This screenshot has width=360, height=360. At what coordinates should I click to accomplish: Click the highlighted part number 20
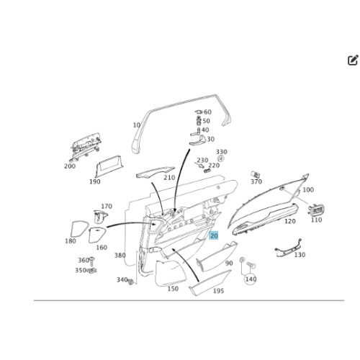click(214, 235)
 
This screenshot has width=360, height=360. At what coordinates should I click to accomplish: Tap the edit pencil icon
click(353, 60)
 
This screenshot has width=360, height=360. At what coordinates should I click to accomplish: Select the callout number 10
click(136, 125)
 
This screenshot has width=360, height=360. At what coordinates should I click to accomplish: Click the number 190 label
click(95, 181)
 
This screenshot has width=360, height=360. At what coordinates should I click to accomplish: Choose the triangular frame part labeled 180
click(79, 229)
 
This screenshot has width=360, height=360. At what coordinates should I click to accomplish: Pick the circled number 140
click(251, 279)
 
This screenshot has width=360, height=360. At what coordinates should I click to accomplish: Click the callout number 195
click(218, 291)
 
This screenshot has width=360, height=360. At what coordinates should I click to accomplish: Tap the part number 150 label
click(173, 289)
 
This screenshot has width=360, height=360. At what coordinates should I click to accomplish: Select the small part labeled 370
click(254, 174)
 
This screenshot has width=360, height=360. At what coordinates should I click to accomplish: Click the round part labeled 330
click(221, 158)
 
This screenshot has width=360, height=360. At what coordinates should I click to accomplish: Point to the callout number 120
click(290, 221)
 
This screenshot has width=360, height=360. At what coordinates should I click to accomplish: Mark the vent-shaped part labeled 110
click(316, 210)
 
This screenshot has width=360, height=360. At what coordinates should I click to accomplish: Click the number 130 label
click(300, 255)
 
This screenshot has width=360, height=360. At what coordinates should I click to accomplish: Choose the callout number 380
click(120, 255)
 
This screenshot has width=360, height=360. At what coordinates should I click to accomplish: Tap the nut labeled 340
click(131, 282)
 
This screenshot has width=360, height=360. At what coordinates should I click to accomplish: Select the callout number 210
click(169, 178)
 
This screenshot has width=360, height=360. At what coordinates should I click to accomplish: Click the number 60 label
click(207, 112)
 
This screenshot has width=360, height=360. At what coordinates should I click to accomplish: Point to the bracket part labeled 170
click(100, 217)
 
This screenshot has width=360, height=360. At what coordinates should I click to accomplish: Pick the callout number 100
click(308, 190)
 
